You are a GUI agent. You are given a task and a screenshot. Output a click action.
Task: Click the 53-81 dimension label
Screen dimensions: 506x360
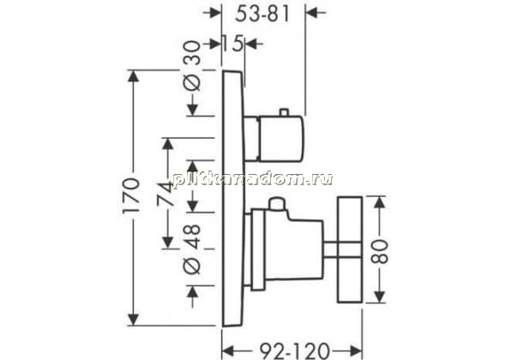pyautogui.click(x=262, y=15)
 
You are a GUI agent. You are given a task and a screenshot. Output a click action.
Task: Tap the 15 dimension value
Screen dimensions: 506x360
pyautogui.click(x=232, y=44)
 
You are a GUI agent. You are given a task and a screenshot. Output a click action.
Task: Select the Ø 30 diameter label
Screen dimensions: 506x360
pyautogui.click(x=192, y=65)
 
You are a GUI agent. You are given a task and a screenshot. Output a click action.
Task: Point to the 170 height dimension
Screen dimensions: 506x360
pyautogui.click(x=131, y=195)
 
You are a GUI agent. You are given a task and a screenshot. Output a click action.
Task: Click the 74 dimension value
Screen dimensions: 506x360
pyautogui.click(x=166, y=194)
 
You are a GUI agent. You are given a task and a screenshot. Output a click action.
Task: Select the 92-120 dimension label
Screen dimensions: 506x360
pyautogui.click(x=295, y=351)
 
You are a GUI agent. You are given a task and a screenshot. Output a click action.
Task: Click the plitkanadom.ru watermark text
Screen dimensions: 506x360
pyautogui.click(x=253, y=178)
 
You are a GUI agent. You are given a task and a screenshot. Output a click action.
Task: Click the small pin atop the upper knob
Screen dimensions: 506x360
pyautogui.click(x=284, y=112)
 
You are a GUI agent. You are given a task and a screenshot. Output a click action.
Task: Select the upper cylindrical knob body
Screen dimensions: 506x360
pyautogui.click(x=274, y=138)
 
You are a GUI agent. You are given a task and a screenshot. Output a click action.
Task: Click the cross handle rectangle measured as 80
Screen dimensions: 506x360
pyautogui.click(x=350, y=249)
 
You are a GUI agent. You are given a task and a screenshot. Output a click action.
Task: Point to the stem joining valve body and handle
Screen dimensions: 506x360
pyautogui.click(x=330, y=249)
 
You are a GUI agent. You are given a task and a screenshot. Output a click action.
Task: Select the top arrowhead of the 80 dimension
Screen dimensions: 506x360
pyautogui.click(x=380, y=203)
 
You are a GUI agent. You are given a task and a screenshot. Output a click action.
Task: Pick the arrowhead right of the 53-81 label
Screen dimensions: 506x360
pyautogui.click(x=311, y=13)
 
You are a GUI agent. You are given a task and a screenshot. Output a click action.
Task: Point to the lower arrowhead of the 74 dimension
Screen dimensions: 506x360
pyautogui.click(x=168, y=242)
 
